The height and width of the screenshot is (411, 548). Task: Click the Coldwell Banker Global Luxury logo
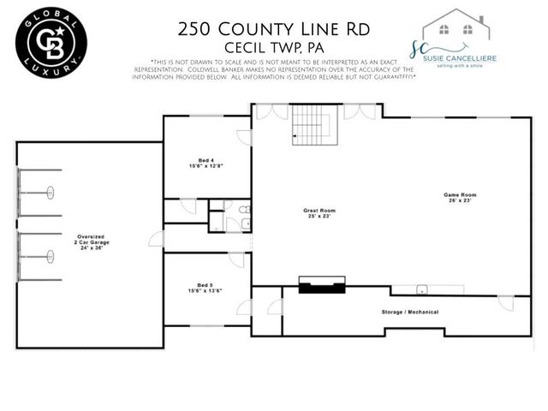(51, 40)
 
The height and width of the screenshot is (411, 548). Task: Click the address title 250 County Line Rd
(273, 28)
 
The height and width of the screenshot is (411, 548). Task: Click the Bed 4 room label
(205, 160)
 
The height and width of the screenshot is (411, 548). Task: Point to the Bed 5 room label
(205, 286)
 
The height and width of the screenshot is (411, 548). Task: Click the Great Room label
(319, 210)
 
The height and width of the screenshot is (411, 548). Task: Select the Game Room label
(460, 194)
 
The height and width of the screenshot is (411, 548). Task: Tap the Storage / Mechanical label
(411, 313)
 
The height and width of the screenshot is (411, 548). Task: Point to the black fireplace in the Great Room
(321, 286)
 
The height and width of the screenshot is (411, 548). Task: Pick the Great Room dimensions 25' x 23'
(319, 216)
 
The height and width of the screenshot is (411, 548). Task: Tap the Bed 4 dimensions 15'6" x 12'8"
(205, 166)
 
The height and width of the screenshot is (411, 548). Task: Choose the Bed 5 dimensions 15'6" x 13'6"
(205, 292)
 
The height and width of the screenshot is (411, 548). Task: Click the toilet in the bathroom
(244, 209)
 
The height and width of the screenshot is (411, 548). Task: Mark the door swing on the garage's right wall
(156, 239)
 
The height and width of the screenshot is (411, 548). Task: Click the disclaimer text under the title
(273, 70)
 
